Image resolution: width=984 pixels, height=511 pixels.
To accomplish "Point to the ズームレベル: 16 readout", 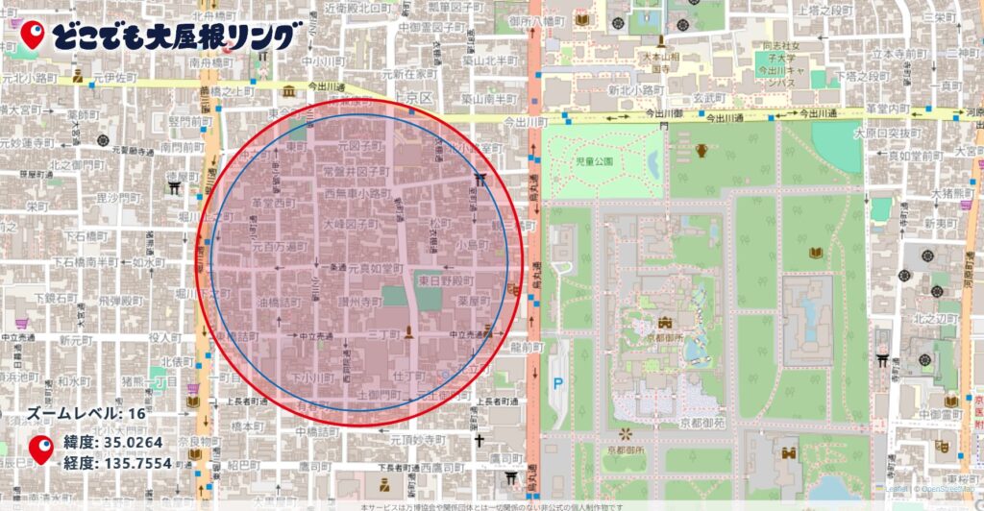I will [87, 414].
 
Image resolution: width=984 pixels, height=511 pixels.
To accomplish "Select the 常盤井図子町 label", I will [356, 171].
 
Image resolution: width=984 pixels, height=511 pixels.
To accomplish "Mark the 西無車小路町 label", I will [357, 193].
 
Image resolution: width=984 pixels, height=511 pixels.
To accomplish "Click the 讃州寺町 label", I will [358, 302].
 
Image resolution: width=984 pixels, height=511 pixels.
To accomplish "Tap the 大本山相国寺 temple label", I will [660, 63].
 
